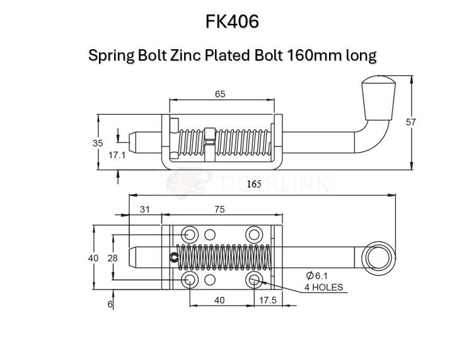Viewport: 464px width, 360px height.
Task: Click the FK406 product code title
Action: coord(232,21)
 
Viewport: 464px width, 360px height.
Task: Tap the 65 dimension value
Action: coord(220,94)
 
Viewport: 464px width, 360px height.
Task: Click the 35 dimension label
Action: coord(98,143)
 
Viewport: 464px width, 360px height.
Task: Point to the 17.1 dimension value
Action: coord(117,154)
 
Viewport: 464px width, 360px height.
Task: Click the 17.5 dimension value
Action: coord(268,301)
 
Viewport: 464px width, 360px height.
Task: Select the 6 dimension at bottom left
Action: coord(110,304)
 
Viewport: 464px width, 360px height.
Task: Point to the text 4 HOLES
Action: coord(324,287)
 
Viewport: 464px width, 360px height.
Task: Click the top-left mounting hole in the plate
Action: coord(190,233)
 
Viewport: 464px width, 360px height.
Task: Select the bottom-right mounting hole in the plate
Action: coord(253,280)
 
